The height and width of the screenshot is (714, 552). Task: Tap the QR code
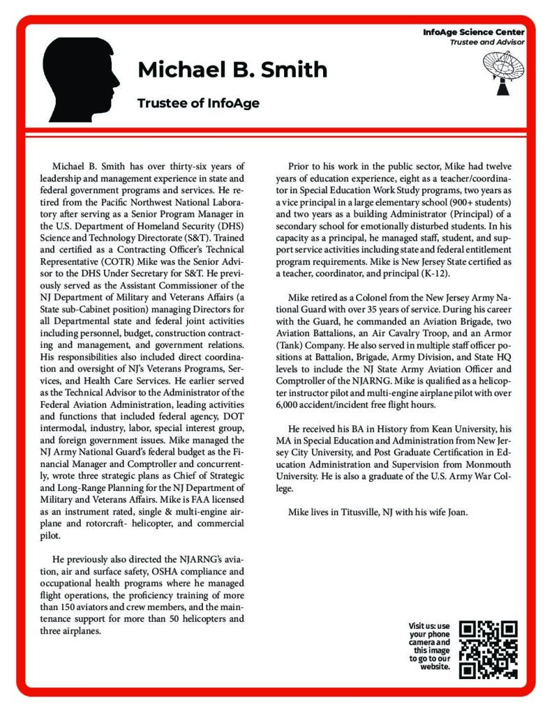tap(489, 649)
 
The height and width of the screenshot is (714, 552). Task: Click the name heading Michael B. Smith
tap(232, 70)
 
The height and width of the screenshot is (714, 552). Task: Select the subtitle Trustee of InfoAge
tap(198, 103)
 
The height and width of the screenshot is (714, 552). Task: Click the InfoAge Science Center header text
tap(474, 33)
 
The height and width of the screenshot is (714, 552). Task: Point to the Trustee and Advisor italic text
tap(487, 42)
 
